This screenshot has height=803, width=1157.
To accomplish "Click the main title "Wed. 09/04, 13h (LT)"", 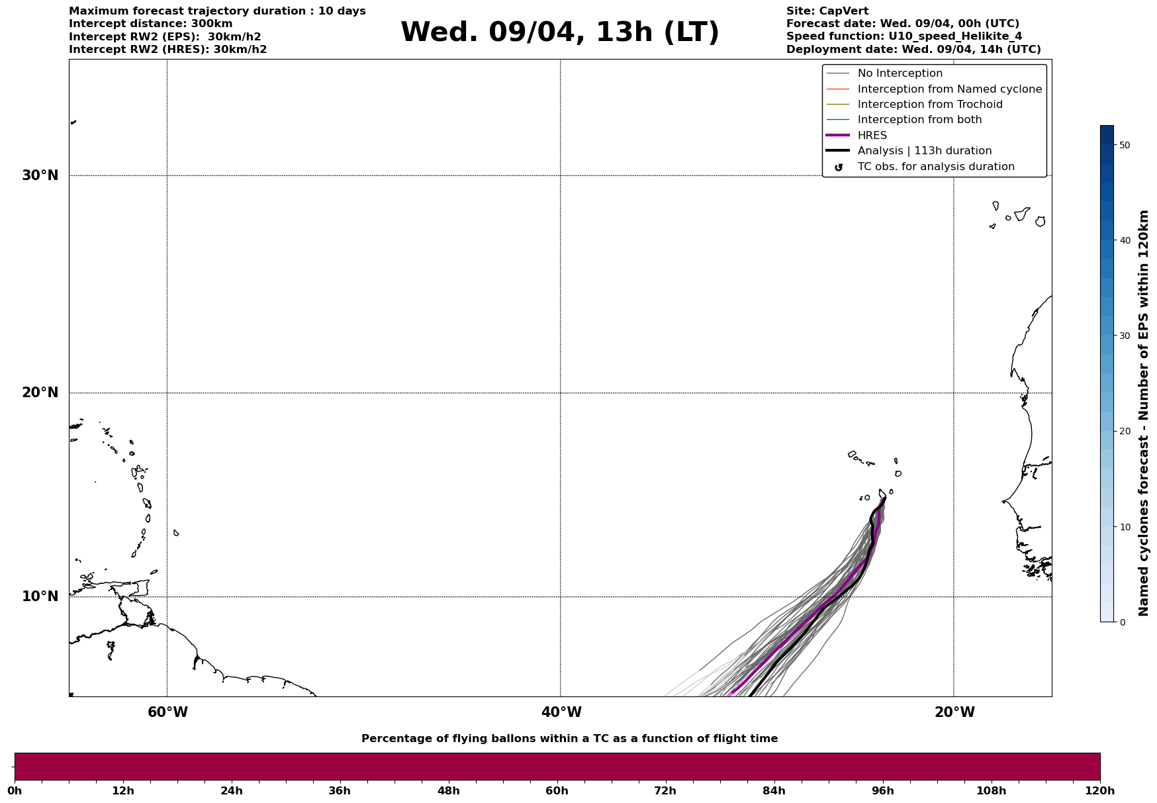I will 559,32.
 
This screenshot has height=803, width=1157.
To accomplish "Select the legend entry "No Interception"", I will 900,73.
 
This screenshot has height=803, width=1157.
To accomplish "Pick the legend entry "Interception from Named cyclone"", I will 949,89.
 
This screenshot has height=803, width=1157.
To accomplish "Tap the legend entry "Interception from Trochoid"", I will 929,105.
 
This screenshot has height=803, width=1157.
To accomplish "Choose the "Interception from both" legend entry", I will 919,120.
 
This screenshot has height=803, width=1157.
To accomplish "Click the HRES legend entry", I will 872,136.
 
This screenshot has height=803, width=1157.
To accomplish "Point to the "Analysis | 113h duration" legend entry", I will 924,151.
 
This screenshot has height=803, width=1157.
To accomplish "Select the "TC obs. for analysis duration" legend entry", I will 935,167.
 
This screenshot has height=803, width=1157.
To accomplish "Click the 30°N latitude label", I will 40,175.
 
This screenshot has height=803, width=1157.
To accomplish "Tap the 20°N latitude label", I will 40,393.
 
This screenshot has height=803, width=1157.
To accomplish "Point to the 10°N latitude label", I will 40,596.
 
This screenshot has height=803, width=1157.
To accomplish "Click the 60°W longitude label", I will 167,712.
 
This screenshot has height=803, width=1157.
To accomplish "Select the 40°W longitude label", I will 561,712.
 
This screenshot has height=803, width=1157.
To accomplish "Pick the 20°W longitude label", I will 954,712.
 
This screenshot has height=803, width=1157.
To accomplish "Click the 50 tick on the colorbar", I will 1124,145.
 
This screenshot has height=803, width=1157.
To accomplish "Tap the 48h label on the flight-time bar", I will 448,790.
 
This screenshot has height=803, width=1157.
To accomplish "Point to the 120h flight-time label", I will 1100,790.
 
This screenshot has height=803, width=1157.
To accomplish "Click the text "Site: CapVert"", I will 827,11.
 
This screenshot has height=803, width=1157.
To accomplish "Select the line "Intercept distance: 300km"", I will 150,24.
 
